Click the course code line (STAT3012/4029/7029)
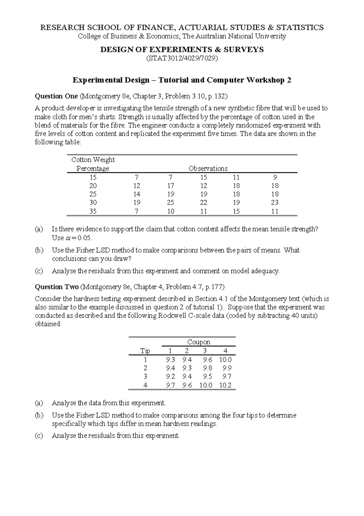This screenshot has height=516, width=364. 182,58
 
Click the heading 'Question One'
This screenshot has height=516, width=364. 56,96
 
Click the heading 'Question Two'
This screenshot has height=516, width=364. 57,287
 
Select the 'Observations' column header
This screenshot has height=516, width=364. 208,168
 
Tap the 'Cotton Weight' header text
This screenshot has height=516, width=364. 93,160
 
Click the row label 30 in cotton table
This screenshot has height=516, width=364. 93,203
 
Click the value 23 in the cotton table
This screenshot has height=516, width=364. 275,203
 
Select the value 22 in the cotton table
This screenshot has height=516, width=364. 204,203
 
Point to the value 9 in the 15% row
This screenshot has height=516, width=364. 275,177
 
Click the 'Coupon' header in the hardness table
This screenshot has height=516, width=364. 198,342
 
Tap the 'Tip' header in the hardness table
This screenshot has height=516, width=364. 145,351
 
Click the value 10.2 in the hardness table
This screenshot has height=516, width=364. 225,385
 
